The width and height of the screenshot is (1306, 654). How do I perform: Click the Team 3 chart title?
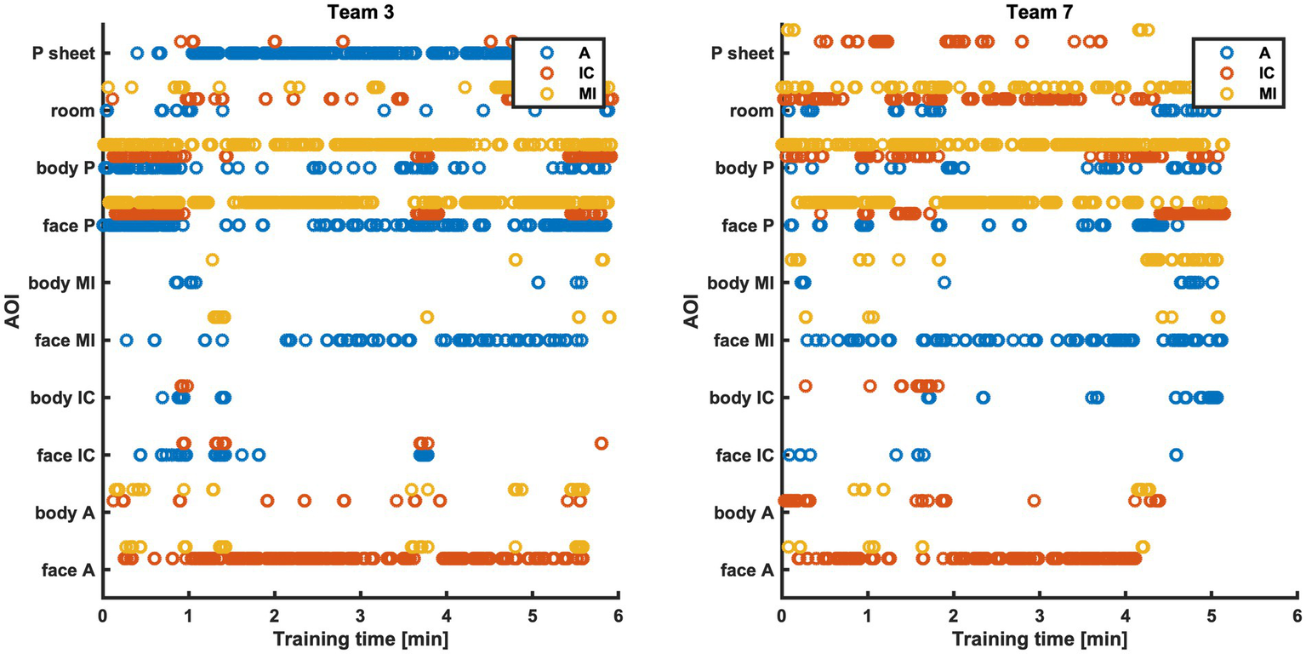click(361, 11)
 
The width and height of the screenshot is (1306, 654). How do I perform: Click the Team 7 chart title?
click(1039, 11)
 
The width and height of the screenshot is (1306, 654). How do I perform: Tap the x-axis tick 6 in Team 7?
click(1296, 615)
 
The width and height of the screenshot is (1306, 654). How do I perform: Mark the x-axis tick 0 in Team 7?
click(782, 615)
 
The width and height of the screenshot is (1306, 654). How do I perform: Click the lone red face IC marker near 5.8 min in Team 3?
click(602, 443)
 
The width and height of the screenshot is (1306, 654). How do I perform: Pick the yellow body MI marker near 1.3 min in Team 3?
click(212, 260)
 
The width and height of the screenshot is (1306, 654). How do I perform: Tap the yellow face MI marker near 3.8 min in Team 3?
click(427, 317)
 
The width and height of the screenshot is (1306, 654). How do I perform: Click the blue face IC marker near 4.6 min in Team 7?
click(1176, 455)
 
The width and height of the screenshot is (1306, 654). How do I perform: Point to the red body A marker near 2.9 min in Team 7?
click(1034, 501)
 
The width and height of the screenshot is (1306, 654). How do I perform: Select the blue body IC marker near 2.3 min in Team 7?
click(983, 398)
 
